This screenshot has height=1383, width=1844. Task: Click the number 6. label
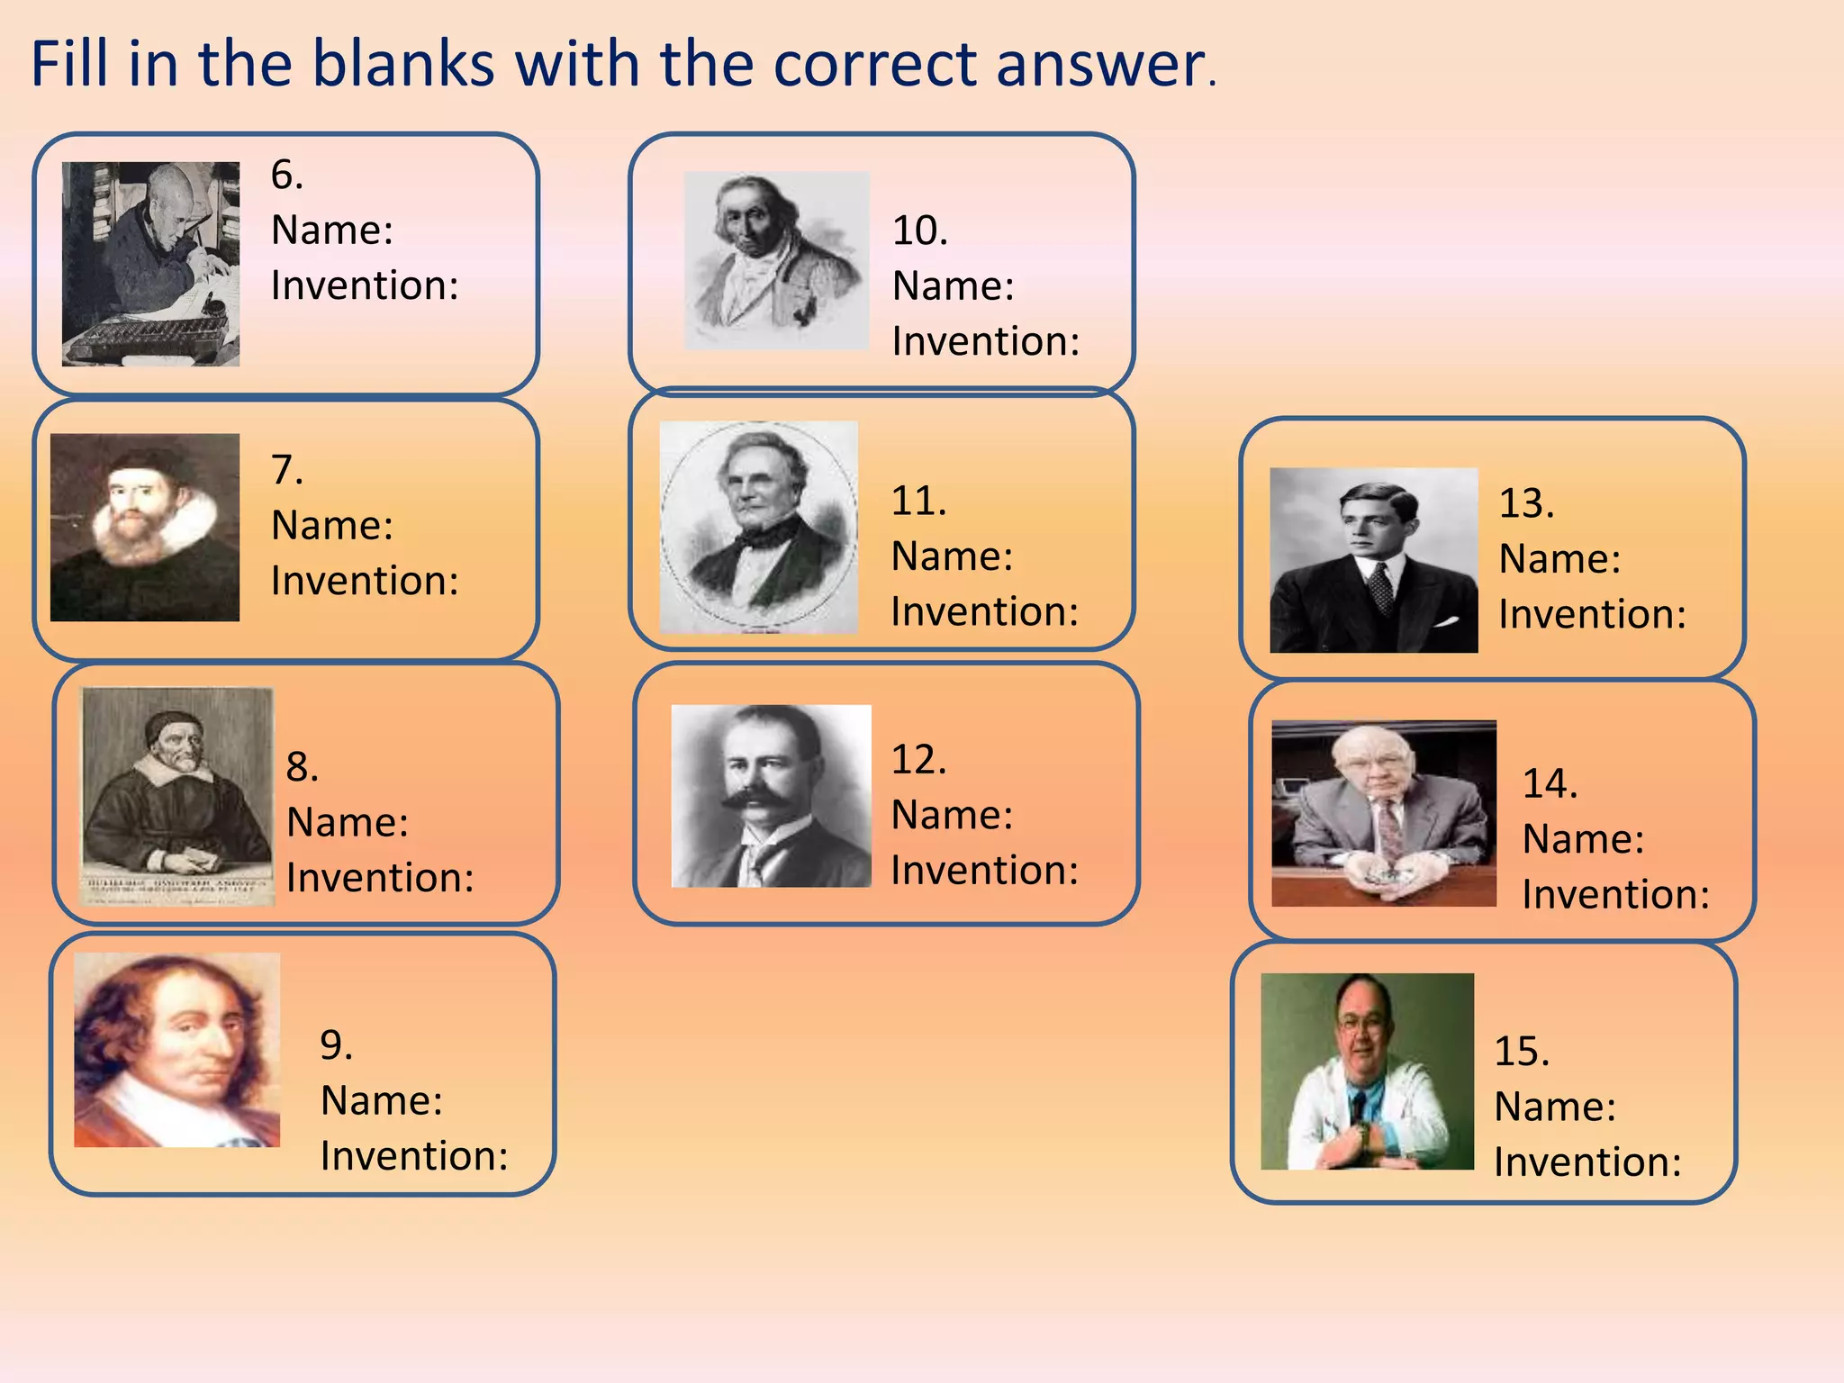pos(287,175)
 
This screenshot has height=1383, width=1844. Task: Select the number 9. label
pos(336,1045)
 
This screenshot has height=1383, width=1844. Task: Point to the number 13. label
pos(1526,503)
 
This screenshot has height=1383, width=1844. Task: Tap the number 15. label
pos(1522,1052)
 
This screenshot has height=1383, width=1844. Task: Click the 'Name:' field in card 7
pos(332,526)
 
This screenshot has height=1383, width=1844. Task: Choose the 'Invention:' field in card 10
pos(986,342)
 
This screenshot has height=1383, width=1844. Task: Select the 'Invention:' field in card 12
pos(985,871)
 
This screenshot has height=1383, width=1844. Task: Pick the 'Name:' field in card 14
pos(1583,839)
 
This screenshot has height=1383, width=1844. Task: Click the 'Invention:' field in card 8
pos(380,878)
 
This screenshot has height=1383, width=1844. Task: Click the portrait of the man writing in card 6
pos(150,264)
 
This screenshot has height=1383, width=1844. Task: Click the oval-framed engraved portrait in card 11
pos(758,527)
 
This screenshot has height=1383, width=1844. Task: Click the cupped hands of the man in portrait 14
pos(1384,873)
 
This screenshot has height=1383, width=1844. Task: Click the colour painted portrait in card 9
pos(176,1050)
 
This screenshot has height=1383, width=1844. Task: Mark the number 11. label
pos(918,501)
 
